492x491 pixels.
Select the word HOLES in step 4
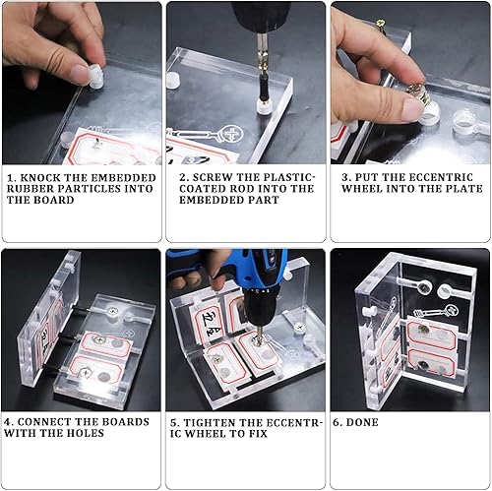click(86, 433)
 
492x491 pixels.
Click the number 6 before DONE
click(337, 422)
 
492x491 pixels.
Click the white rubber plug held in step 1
click(96, 77)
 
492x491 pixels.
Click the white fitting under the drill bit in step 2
click(264, 107)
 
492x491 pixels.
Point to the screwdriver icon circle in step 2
click(232, 134)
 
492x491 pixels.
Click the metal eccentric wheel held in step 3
click(418, 92)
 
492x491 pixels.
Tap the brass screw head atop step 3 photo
click(381, 23)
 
